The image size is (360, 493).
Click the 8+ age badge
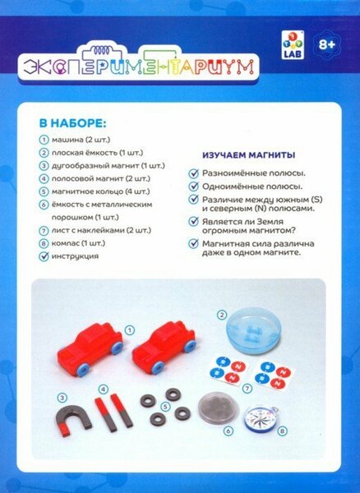coord(327,45)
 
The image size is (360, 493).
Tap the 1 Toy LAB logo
coord(293,45)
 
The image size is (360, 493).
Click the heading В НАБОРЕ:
coord(72,123)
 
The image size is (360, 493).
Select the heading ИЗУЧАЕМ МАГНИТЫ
coord(248,155)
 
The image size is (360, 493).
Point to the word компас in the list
coord(65,243)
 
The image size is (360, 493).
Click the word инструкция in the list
coord(75,256)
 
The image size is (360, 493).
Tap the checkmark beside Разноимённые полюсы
coord(194,173)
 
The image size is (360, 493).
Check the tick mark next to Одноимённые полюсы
coord(194,187)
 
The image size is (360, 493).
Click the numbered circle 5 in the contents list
coord(44,191)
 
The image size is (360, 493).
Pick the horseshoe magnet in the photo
coord(73,420)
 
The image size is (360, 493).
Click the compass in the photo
coord(261,419)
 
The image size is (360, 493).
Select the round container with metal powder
coord(218,408)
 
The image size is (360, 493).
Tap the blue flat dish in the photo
coord(253,330)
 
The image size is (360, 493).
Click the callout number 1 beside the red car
coord(130,330)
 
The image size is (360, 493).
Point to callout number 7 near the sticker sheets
coord(247,389)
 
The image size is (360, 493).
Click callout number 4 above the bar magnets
coord(104,389)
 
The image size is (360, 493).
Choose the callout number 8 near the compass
coord(283,431)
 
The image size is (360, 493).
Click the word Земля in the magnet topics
coord(270,222)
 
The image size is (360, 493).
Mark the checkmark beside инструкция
coord(44,256)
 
